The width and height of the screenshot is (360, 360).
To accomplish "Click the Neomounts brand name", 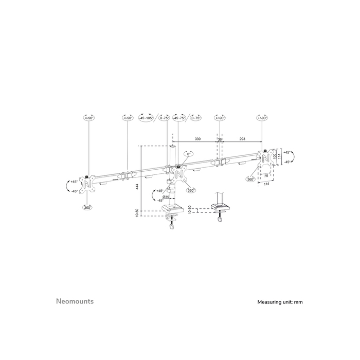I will point(75,301).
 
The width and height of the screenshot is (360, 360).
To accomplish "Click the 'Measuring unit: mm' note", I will point(280,302).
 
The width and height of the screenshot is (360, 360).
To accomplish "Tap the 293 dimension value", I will point(242,139).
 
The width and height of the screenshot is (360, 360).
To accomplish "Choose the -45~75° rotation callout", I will point(179,118).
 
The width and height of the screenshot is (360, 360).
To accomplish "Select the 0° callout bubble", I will point(189,154).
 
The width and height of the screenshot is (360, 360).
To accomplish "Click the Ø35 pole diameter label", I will point(166,197).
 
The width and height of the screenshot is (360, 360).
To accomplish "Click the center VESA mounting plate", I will point(179,175).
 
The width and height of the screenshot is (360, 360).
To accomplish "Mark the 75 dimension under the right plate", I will point(266,175).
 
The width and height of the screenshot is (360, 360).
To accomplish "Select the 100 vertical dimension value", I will point(275,155).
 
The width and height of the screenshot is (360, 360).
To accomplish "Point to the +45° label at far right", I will point(286,152).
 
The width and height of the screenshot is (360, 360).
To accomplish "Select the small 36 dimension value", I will point(220,139).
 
